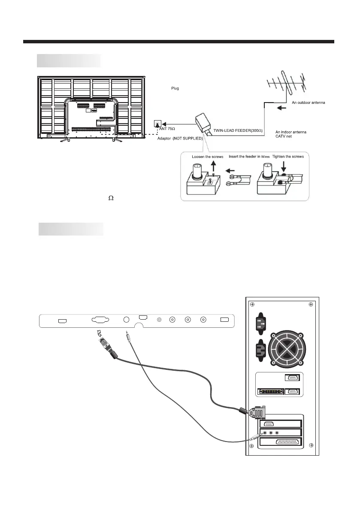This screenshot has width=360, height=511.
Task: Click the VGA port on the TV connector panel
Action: coord(100,320)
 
